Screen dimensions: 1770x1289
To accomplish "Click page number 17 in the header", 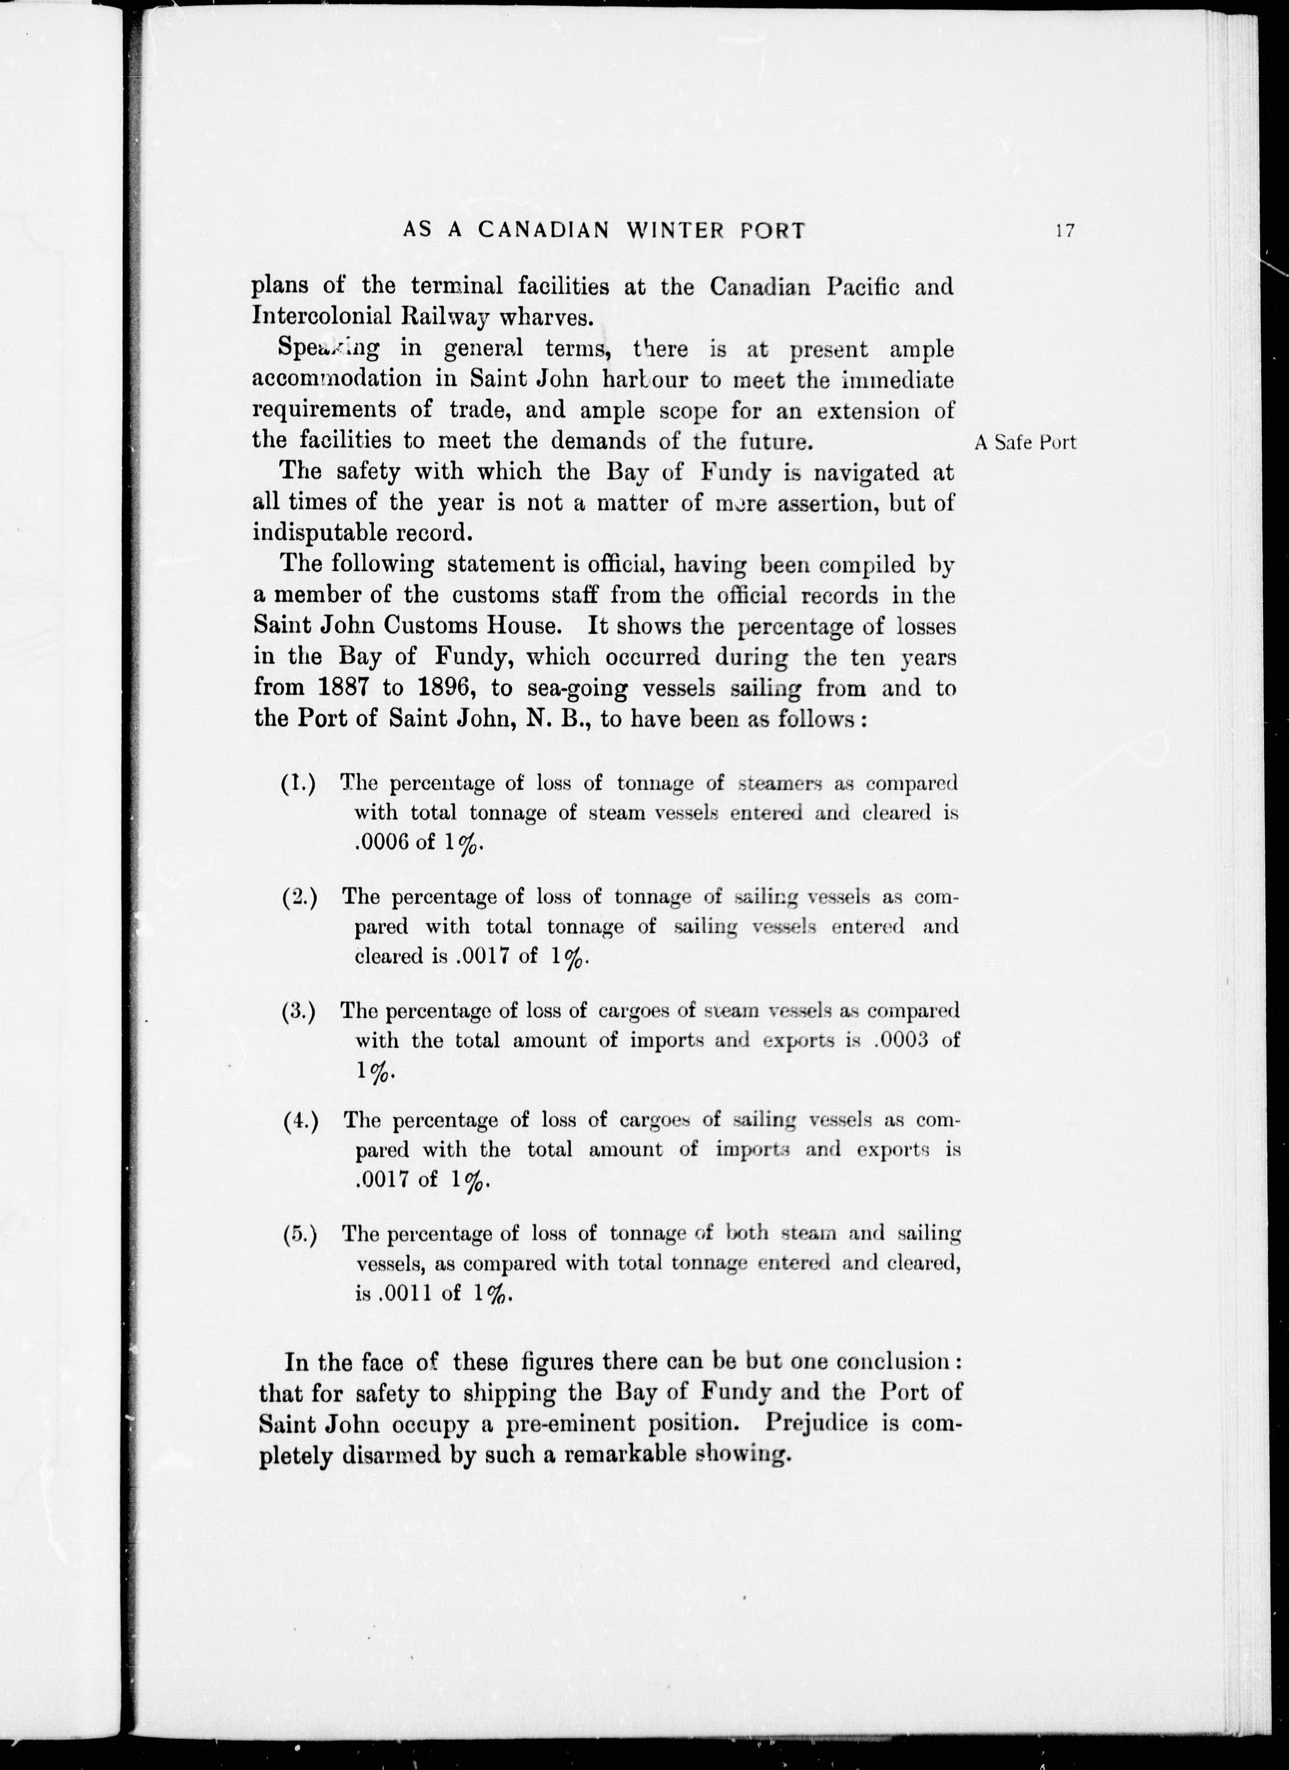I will (1064, 231).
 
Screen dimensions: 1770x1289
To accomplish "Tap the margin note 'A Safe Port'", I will (1025, 442).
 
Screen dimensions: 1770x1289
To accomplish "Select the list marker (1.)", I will (298, 783).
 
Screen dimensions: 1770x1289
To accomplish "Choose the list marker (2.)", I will (299, 898).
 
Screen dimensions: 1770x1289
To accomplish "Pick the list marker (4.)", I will (299, 1121).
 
